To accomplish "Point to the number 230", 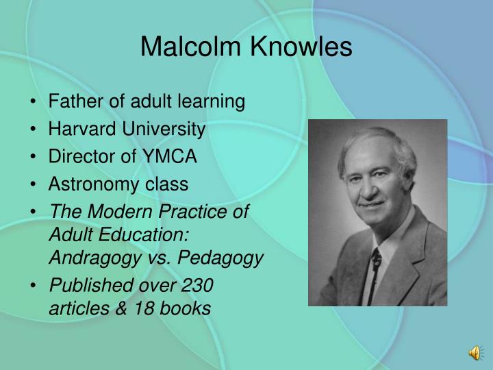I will pyautogui.click(x=198, y=285).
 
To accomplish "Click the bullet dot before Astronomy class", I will pyautogui.click(x=34, y=185).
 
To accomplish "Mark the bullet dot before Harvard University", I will pyautogui.click(x=34, y=130).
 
